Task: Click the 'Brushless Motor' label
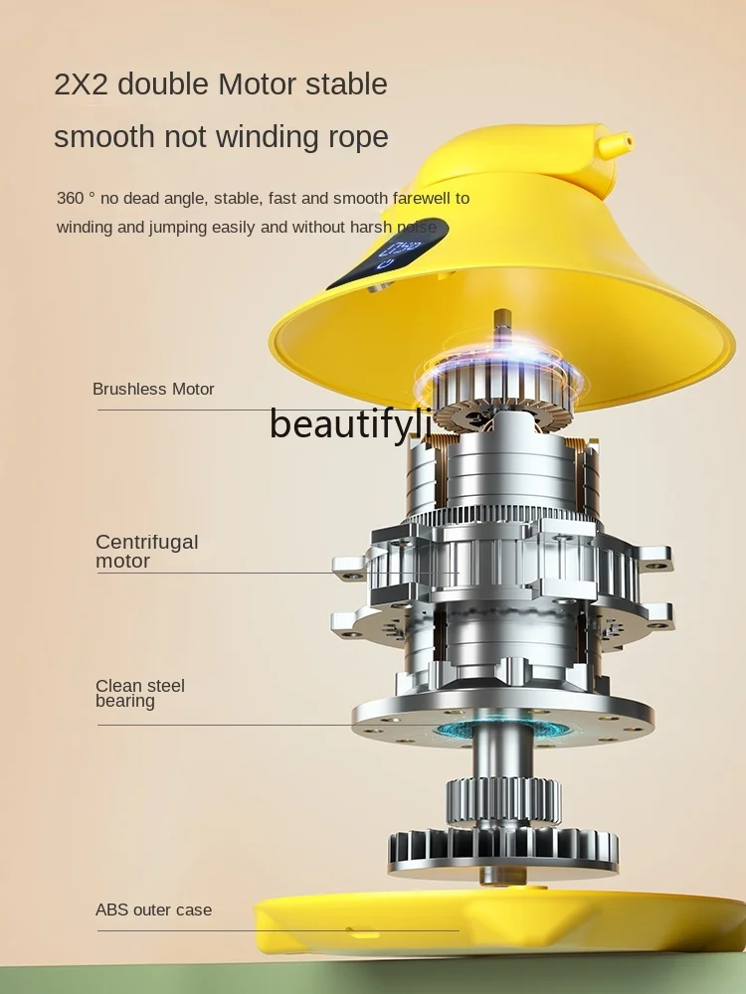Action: [153, 389]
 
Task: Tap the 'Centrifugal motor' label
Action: [147, 551]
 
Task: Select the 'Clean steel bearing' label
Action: [140, 693]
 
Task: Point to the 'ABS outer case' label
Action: [153, 910]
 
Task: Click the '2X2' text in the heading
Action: [82, 84]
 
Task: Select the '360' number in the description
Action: [71, 199]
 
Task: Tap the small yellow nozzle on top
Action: [615, 144]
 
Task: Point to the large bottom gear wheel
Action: [502, 852]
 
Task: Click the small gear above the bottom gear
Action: [503, 800]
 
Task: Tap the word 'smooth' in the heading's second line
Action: [104, 137]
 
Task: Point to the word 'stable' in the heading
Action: [346, 84]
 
